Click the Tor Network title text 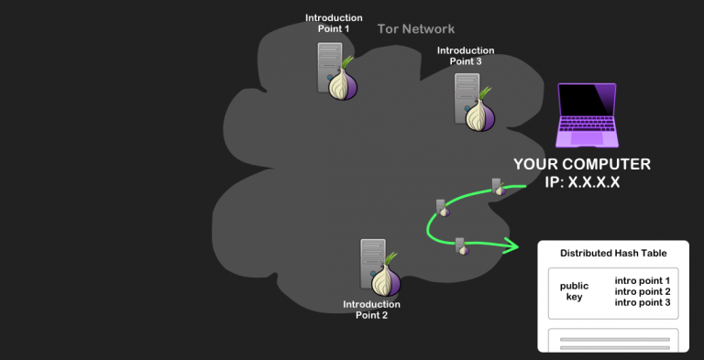pos(415,29)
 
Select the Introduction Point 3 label pos(465,56)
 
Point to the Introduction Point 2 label pos(371,310)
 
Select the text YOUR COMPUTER pos(582,164)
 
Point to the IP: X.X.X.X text pos(582,182)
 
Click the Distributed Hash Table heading pos(612,253)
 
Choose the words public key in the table pos(574,290)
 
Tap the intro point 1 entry pos(643,280)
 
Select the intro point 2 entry pos(643,291)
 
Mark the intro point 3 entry pos(643,302)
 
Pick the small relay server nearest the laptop pos(496,188)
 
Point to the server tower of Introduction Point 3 pos(466,98)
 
